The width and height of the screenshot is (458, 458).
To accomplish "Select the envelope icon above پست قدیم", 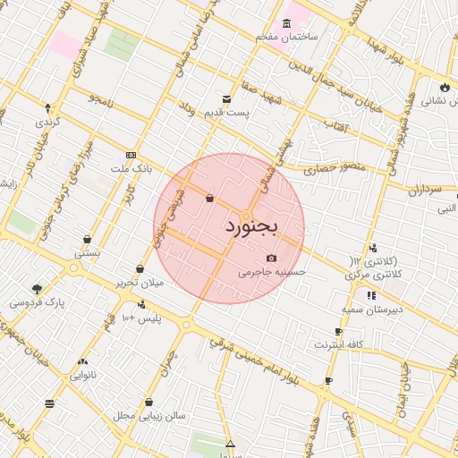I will tap(227, 99).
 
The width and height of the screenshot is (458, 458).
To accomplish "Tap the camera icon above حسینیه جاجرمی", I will tap(272, 258).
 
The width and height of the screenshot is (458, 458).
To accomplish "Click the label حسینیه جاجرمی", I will tap(272, 271).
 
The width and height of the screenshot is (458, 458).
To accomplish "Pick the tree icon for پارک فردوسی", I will tap(37, 288).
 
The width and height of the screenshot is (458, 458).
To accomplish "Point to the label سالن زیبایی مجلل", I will tap(148, 416).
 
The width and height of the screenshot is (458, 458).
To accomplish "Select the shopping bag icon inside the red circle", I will tap(209, 199).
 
